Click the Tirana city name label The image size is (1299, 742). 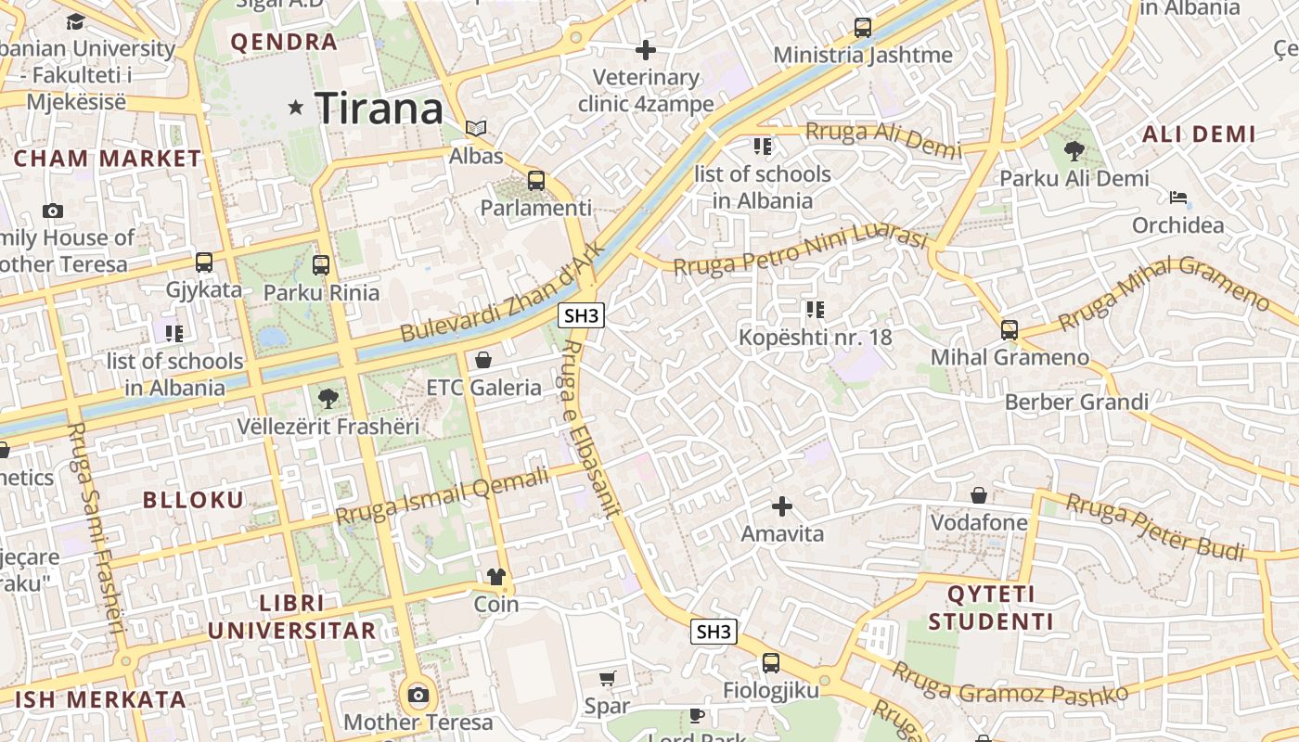coord(379,109)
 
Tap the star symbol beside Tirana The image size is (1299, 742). coord(296,108)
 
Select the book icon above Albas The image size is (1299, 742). coord(476,128)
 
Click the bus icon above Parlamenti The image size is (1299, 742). coord(536,180)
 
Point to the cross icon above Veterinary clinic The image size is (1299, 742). coord(646,49)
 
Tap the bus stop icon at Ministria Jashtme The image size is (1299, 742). coord(863,28)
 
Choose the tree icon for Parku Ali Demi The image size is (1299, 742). coord(1074,150)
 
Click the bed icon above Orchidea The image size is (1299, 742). coord(1178,197)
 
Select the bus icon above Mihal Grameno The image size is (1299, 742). coord(1010,329)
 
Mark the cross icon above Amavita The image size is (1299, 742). coord(782,505)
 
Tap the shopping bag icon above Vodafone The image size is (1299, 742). coord(979,494)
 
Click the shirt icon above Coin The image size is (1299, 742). coord(496,576)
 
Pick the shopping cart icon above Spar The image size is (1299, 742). coord(607,678)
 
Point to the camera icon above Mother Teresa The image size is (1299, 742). coord(418,695)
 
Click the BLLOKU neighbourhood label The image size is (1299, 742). coord(193,500)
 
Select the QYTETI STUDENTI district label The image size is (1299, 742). coord(991,608)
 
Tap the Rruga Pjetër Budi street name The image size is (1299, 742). coord(1154,526)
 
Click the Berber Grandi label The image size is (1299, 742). coord(1076,402)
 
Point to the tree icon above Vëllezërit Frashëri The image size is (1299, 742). coord(327,399)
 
